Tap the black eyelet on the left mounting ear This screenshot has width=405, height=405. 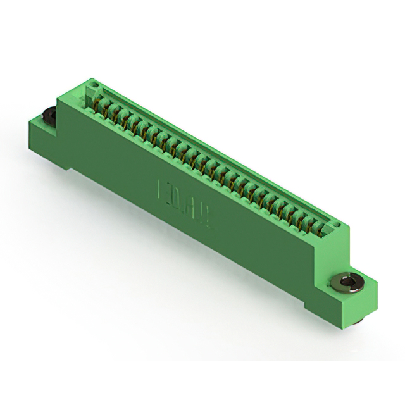[x=48, y=116]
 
